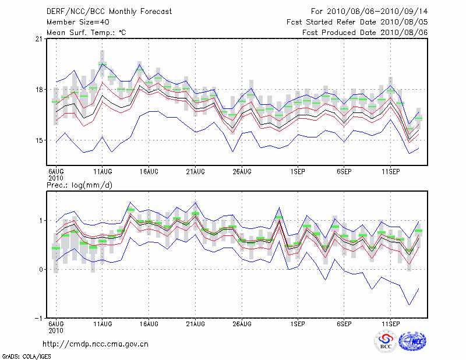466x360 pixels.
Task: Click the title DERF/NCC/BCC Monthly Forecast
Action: click(x=108, y=12)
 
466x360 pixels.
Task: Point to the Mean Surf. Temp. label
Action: click(x=86, y=33)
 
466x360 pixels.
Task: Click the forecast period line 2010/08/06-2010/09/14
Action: click(x=369, y=12)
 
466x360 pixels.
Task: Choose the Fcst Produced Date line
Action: click(x=365, y=33)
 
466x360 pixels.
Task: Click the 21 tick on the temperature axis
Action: click(x=38, y=39)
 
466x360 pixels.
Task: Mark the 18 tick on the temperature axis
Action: click(x=38, y=90)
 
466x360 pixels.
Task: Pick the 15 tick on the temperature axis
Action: click(x=38, y=140)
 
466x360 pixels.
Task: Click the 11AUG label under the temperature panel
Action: click(x=103, y=172)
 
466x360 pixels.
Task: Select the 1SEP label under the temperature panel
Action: click(x=298, y=172)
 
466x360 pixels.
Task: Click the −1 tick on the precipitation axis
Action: click(x=37, y=318)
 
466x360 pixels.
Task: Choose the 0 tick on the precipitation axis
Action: click(x=40, y=269)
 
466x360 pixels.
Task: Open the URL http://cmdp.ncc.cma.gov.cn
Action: click(x=96, y=344)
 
